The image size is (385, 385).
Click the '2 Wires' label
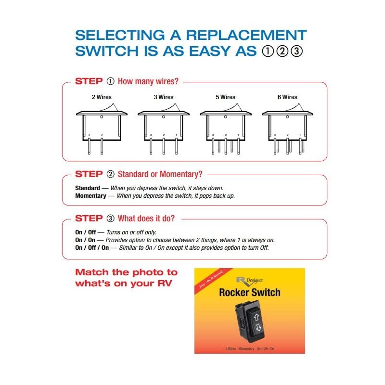[102, 97]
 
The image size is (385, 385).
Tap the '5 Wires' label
[225, 97]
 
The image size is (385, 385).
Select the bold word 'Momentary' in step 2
[90, 196]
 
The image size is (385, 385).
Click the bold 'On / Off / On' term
[93, 248]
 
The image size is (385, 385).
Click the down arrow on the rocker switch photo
[258, 329]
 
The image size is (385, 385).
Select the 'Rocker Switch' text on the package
[249, 292]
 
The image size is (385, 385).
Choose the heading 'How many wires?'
[148, 81]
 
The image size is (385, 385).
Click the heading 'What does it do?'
[146, 218]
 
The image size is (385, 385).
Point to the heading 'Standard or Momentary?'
[160, 174]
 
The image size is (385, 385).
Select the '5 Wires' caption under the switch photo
[231, 348]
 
